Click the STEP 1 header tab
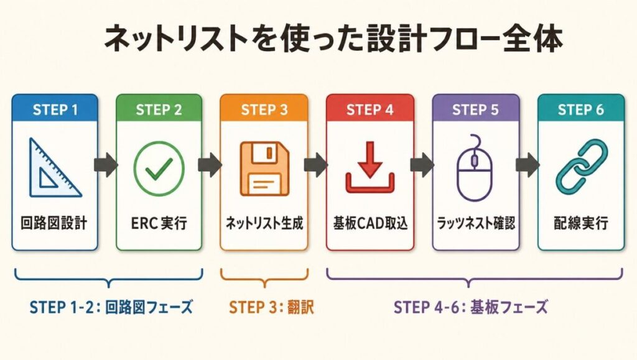pyautogui.click(x=55, y=109)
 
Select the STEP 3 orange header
pyautogui.click(x=264, y=109)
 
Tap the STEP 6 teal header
pyautogui.click(x=581, y=109)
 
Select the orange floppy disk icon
pyautogui.click(x=264, y=168)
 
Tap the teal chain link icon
pyautogui.click(x=581, y=167)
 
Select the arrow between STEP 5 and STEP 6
pyautogui.click(x=528, y=165)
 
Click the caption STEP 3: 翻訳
pyautogui.click(x=265, y=307)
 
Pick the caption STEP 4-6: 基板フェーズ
pyautogui.click(x=471, y=307)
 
